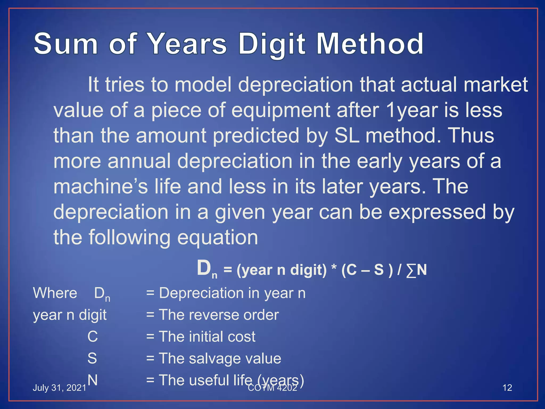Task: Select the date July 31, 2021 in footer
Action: click(59, 388)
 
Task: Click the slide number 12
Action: click(507, 388)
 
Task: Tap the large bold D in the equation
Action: click(204, 268)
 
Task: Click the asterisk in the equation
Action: click(334, 269)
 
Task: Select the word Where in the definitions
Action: click(55, 293)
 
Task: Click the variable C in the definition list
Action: click(93, 337)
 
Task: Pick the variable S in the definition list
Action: click(92, 358)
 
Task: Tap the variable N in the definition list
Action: click(92, 380)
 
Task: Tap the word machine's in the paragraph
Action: click(100, 186)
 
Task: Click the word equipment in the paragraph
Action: click(281, 110)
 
